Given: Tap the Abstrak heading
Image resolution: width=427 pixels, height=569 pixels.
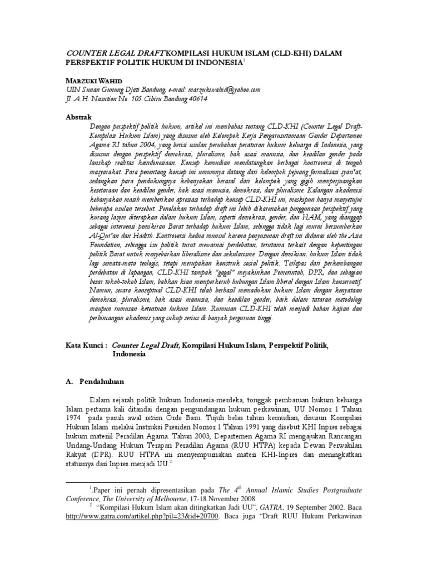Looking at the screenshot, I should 79,118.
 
